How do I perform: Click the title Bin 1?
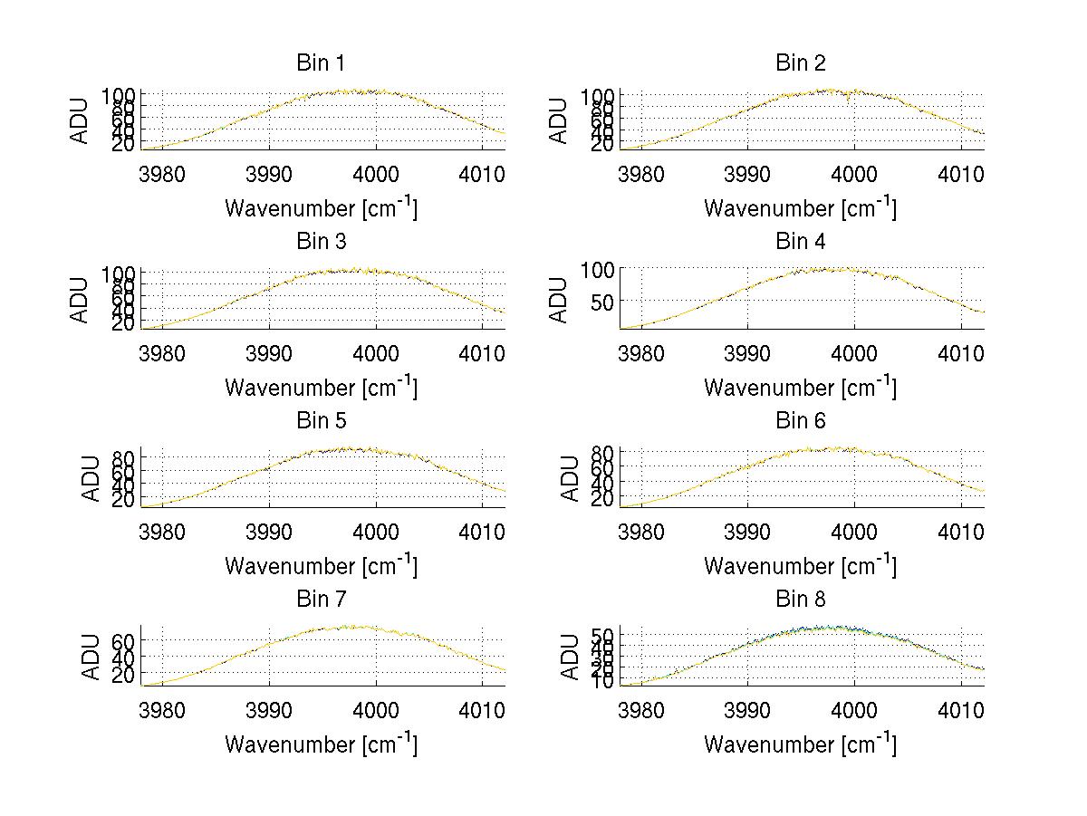(x=321, y=63)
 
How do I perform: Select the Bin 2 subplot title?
(x=801, y=63)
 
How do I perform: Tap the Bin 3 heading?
(x=321, y=242)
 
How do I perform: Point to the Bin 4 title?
(x=801, y=242)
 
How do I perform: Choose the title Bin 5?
(x=321, y=421)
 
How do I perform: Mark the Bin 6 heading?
(x=801, y=421)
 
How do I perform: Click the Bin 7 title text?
(x=321, y=600)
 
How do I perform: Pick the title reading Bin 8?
(x=801, y=600)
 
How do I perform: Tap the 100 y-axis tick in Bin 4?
(x=592, y=270)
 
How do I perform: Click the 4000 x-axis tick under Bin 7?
(x=375, y=710)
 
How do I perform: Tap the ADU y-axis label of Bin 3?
(x=81, y=300)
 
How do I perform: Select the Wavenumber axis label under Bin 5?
(x=321, y=565)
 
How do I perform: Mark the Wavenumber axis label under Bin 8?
(x=801, y=744)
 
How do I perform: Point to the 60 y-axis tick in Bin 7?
(x=124, y=640)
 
